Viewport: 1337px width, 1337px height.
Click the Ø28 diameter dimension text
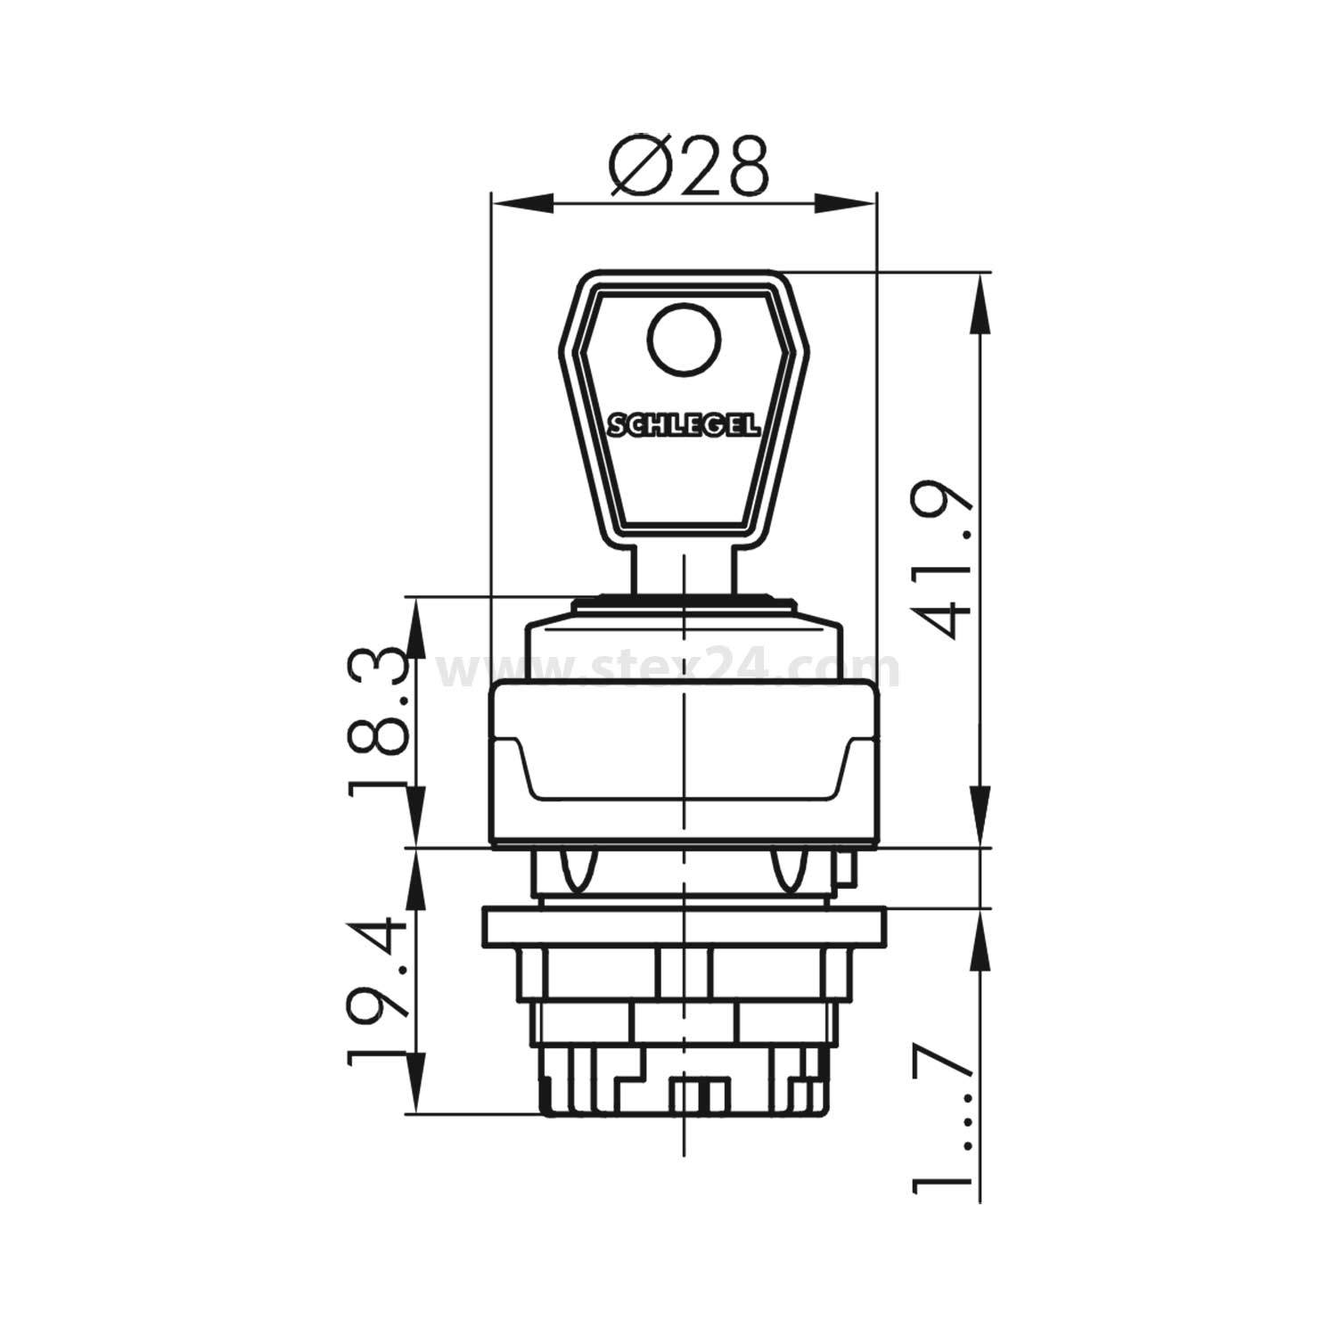(688, 166)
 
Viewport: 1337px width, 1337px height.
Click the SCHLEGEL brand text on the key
(684, 426)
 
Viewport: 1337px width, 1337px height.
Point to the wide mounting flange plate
(684, 927)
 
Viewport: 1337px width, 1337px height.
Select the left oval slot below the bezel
(577, 871)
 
